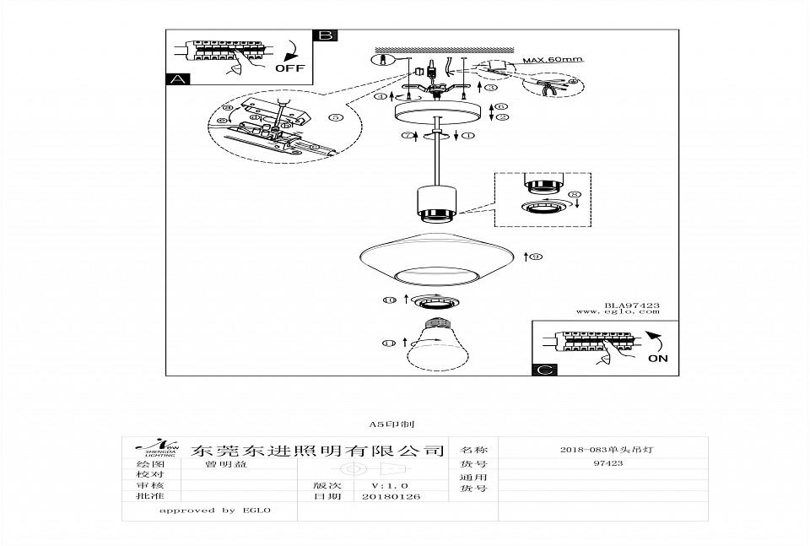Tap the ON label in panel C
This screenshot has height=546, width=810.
click(x=658, y=358)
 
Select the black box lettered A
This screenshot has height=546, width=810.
click(x=177, y=79)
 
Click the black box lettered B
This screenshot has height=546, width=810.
click(x=325, y=35)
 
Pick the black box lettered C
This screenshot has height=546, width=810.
click(x=546, y=369)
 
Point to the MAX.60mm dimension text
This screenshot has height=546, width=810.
click(x=553, y=61)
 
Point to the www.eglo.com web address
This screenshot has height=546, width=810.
click(x=618, y=312)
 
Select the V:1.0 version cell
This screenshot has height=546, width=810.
click(x=390, y=486)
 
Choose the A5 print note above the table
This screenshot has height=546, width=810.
click(x=391, y=424)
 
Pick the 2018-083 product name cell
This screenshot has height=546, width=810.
click(x=607, y=450)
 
